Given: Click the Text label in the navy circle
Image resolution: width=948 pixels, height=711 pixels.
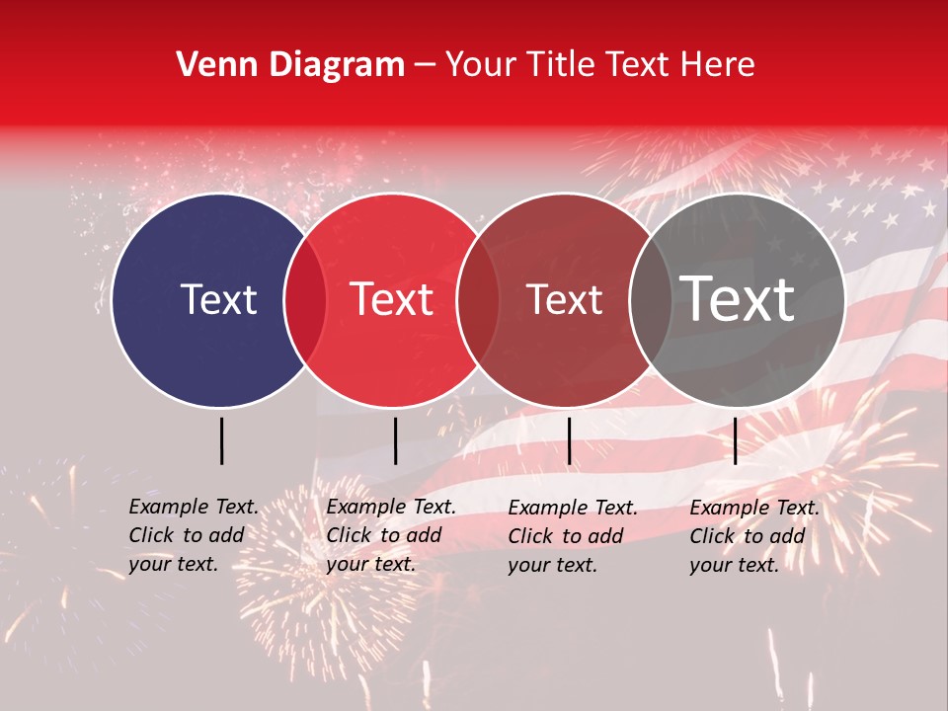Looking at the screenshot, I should click(x=218, y=299).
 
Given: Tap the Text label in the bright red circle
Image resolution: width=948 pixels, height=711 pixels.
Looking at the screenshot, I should click(x=391, y=299).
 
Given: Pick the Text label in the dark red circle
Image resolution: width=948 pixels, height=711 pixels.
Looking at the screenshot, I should click(x=564, y=299).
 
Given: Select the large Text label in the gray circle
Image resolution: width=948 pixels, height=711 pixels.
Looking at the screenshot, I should click(x=738, y=299).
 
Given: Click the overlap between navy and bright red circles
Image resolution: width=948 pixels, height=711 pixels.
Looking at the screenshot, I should click(x=305, y=300).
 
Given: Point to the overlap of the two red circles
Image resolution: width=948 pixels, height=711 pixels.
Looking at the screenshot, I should click(x=478, y=300).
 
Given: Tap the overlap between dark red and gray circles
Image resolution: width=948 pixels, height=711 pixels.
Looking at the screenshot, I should click(x=651, y=300).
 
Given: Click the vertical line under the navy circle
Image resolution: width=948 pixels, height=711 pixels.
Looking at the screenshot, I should click(x=221, y=440).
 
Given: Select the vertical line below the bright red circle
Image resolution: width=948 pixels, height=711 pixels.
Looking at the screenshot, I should click(x=395, y=440).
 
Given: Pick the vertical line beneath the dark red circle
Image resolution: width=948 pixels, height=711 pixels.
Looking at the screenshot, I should click(x=569, y=440).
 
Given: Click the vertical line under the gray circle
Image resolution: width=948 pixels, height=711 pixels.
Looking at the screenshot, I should click(x=735, y=440).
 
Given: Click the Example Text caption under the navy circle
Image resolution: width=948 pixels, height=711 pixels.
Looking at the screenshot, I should click(x=194, y=507).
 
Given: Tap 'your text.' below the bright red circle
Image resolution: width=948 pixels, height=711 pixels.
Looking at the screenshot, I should click(x=370, y=565).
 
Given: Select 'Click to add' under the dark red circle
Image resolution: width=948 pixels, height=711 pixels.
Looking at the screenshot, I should click(x=565, y=536).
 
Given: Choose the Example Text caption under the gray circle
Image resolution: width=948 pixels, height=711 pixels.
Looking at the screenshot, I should click(x=754, y=508).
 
